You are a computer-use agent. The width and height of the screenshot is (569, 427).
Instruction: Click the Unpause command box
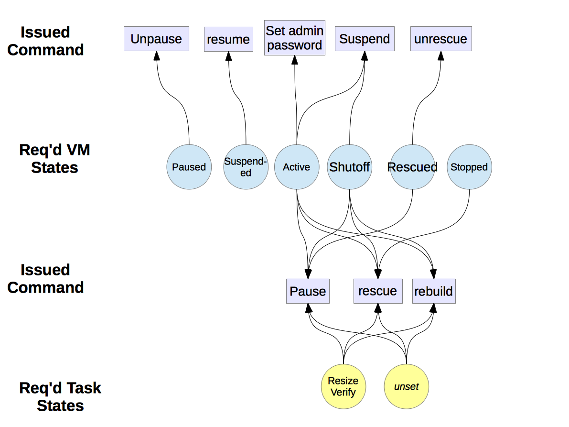point(156,39)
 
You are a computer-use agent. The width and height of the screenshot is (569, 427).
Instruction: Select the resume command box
point(228,39)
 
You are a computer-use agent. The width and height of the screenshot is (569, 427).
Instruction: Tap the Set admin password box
point(294,38)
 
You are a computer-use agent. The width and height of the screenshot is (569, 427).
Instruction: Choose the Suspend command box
point(365,39)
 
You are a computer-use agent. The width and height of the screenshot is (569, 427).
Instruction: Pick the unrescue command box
point(441,39)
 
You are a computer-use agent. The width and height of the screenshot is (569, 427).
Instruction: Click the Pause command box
point(308,291)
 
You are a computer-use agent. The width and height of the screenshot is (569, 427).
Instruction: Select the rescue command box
point(377,291)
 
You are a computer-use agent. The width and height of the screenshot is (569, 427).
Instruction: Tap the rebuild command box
point(434,291)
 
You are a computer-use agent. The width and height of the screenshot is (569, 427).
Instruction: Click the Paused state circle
point(189,167)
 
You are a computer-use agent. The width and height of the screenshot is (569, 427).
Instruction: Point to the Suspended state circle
point(246,167)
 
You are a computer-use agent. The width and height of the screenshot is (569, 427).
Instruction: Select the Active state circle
point(297,167)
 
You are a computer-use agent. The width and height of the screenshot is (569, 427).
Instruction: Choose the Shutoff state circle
point(350,167)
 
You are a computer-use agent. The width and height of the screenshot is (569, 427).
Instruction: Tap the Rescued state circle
point(412,167)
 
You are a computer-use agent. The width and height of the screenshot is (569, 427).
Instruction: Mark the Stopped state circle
point(469,167)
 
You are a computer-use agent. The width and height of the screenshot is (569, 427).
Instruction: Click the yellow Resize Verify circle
point(343,386)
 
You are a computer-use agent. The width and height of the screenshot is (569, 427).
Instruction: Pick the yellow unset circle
point(407,386)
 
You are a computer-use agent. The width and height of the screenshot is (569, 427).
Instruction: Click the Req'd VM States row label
point(55,159)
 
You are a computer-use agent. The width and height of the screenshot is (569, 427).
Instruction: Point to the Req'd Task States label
point(60,396)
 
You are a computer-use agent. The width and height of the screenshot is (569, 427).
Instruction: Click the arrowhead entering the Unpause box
point(156,55)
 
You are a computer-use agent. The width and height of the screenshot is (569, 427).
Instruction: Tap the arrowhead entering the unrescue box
point(441,55)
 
